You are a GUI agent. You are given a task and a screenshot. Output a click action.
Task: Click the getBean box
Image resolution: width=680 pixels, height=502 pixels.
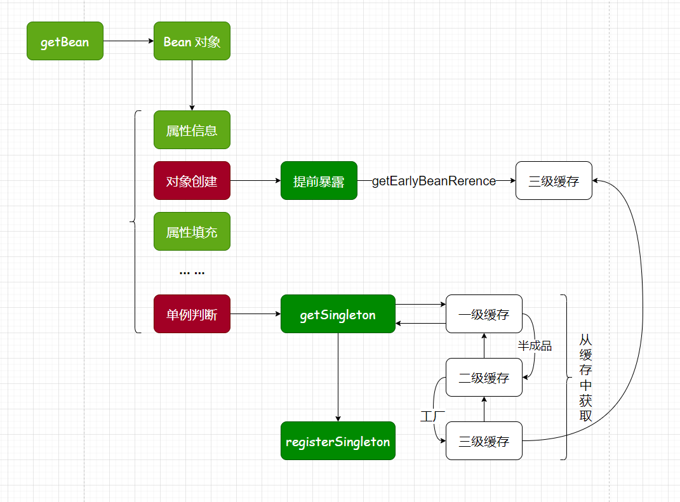[65, 41]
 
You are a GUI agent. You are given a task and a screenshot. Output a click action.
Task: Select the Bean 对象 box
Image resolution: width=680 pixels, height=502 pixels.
[192, 41]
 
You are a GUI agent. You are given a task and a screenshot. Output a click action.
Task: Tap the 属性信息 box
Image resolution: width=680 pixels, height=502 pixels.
[192, 130]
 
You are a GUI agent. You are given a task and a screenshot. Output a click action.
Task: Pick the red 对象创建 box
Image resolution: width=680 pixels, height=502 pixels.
[192, 181]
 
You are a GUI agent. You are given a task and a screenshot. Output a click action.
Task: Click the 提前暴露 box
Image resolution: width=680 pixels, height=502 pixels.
[319, 181]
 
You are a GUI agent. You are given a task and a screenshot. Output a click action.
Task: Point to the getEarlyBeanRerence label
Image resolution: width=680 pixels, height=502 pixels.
[434, 181]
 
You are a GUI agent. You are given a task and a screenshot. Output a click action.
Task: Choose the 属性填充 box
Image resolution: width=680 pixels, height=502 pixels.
[192, 232]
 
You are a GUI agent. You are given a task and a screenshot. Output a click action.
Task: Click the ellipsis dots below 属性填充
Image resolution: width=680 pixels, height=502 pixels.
[192, 272]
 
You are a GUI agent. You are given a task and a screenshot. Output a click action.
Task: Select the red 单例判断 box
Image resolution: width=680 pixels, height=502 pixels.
[192, 314]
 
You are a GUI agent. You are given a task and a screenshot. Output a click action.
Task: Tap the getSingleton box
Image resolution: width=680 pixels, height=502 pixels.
[338, 314]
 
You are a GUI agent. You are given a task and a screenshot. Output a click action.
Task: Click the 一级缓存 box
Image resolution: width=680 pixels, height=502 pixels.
[484, 314]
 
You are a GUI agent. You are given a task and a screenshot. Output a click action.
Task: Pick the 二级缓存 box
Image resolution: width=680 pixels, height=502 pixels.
[484, 378]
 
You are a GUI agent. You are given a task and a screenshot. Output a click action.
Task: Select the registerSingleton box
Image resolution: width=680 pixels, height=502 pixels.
[338, 441]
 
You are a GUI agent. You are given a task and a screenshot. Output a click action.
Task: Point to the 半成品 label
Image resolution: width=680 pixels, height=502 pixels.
[534, 346]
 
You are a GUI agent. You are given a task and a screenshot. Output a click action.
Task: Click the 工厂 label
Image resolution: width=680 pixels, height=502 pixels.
[432, 416]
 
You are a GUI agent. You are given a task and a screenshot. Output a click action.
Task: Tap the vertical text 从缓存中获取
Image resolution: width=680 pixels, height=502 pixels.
[585, 378]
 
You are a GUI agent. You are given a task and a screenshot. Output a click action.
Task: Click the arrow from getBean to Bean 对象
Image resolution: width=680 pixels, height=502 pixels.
[128, 41]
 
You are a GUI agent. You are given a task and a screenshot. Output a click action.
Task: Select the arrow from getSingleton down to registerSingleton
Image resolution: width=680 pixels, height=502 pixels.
[338, 378]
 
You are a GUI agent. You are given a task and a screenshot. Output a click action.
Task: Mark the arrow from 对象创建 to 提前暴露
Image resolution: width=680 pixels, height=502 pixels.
[255, 181]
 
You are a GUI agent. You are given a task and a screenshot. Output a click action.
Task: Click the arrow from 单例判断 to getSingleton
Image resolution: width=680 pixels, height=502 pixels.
[255, 314]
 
